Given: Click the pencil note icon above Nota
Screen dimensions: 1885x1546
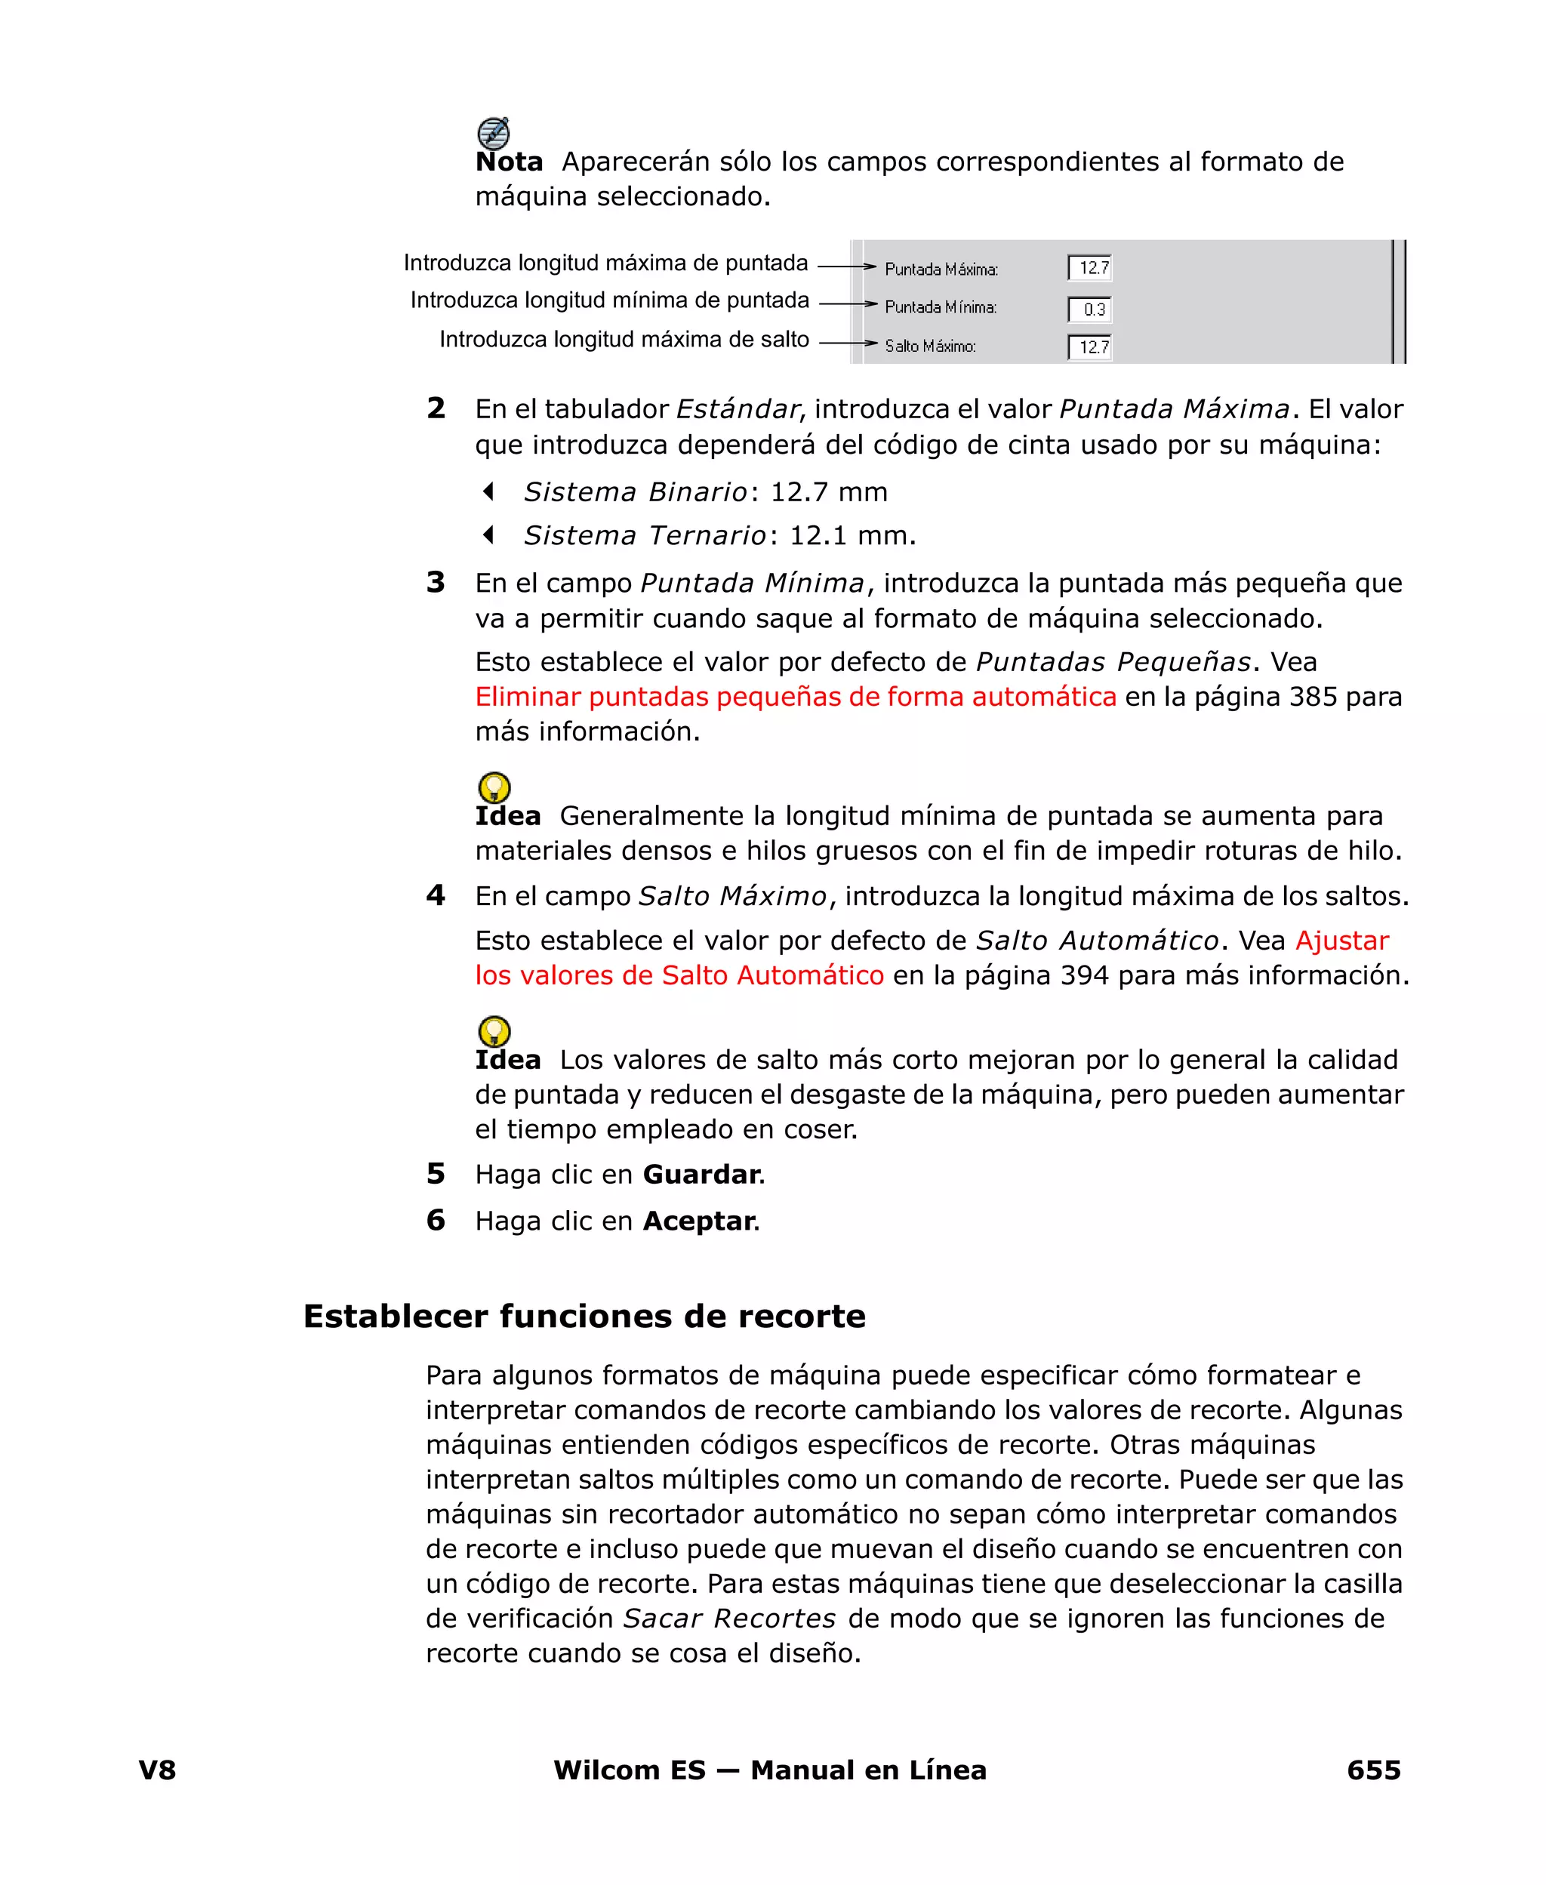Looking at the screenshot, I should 494,134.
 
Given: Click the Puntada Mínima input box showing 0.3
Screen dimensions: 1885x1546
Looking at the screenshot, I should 1089,309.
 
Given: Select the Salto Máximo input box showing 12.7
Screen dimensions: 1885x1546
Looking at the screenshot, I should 1089,347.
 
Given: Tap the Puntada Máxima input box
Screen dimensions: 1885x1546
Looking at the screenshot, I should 1089,268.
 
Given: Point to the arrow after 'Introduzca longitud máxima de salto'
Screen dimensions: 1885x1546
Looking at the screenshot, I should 848,343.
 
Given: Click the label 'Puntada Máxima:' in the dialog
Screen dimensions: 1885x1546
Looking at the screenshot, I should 941,269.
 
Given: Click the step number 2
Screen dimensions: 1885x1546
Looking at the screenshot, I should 436,408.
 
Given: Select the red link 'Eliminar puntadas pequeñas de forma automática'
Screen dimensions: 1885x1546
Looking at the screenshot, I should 795,696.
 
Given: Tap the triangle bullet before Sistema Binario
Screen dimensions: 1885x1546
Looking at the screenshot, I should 488,491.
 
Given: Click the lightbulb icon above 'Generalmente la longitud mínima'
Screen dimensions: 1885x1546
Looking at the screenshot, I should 494,787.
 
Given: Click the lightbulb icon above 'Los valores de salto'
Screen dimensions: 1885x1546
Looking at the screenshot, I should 494,1031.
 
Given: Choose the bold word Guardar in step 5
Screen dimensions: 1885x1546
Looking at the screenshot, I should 701,1175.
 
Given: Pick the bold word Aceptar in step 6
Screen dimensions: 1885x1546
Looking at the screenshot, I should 699,1221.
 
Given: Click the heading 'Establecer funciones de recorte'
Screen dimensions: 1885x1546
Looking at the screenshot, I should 584,1316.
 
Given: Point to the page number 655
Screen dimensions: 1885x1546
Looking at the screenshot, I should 1372,1770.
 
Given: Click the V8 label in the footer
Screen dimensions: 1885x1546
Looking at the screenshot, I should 158,1770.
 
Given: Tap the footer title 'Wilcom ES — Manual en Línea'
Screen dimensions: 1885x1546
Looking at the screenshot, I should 769,1770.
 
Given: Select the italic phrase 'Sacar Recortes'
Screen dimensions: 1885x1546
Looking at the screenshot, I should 728,1618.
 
